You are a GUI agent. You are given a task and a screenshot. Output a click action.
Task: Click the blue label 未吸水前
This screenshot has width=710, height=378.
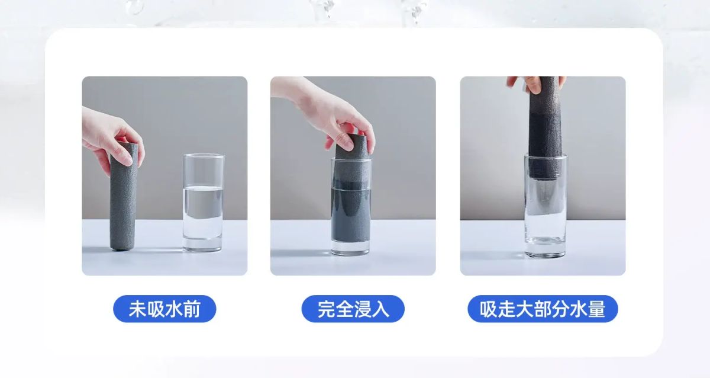coord(164,309)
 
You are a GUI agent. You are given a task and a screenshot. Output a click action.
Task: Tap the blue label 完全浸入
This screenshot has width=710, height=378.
coord(353,309)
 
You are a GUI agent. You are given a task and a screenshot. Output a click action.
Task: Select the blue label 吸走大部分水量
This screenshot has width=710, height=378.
coord(543,309)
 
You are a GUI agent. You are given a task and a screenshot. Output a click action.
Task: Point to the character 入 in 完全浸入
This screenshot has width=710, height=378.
coord(380,309)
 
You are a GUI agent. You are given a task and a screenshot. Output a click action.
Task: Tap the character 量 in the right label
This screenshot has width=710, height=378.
coord(597,309)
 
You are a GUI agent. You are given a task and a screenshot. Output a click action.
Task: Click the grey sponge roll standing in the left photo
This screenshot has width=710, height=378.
coord(123,197)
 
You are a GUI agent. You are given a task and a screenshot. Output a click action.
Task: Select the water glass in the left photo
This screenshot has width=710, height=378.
coord(203,203)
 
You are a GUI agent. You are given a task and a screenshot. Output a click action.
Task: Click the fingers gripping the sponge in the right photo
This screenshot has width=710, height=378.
coord(535,84)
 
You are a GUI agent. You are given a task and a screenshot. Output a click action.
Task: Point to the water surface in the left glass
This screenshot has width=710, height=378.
coord(203,188)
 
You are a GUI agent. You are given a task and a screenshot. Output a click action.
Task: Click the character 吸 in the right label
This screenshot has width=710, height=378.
coord(489,309)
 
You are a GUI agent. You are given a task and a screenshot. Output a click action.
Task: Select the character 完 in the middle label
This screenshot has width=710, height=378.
coord(326,309)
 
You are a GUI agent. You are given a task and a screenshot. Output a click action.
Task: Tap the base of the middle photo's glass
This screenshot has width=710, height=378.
coord(350,248)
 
